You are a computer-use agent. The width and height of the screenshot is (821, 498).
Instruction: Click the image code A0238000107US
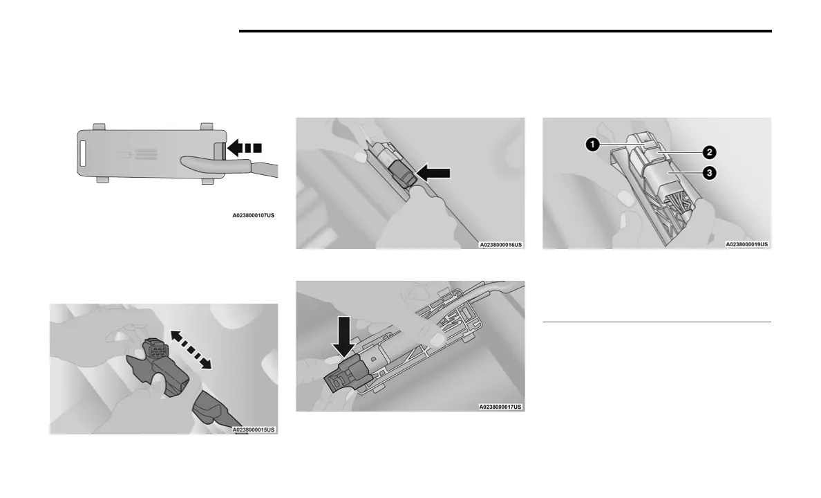253,216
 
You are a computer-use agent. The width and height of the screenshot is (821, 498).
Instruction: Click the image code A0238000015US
254,430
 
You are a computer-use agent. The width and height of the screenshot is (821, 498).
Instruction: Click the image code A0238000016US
500,244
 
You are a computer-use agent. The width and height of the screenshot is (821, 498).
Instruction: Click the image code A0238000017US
500,407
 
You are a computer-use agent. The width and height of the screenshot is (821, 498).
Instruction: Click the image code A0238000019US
746,244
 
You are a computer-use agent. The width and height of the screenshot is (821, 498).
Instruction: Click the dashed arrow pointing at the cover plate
245,147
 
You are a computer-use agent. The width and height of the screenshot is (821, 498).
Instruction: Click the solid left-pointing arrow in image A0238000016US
434,173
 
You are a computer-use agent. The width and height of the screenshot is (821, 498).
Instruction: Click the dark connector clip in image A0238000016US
402,174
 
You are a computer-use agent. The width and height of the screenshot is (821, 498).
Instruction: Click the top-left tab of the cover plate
99,127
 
